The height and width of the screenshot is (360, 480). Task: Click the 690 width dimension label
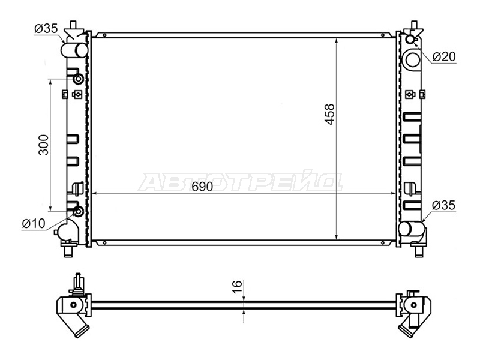[x=202, y=187]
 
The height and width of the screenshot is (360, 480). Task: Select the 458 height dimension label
[x=329, y=115]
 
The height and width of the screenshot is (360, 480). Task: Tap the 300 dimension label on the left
[x=43, y=145]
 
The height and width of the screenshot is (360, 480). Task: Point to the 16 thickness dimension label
[x=237, y=287]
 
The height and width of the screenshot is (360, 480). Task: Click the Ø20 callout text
[x=444, y=56]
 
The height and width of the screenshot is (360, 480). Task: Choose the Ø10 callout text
[x=34, y=224]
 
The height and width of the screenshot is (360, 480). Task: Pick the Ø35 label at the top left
[x=46, y=29]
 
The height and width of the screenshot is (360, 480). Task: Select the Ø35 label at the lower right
[x=443, y=205]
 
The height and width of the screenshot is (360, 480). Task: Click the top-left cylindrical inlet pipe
[x=74, y=50]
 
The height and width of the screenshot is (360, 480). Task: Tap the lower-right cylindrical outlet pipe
[x=412, y=229]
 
